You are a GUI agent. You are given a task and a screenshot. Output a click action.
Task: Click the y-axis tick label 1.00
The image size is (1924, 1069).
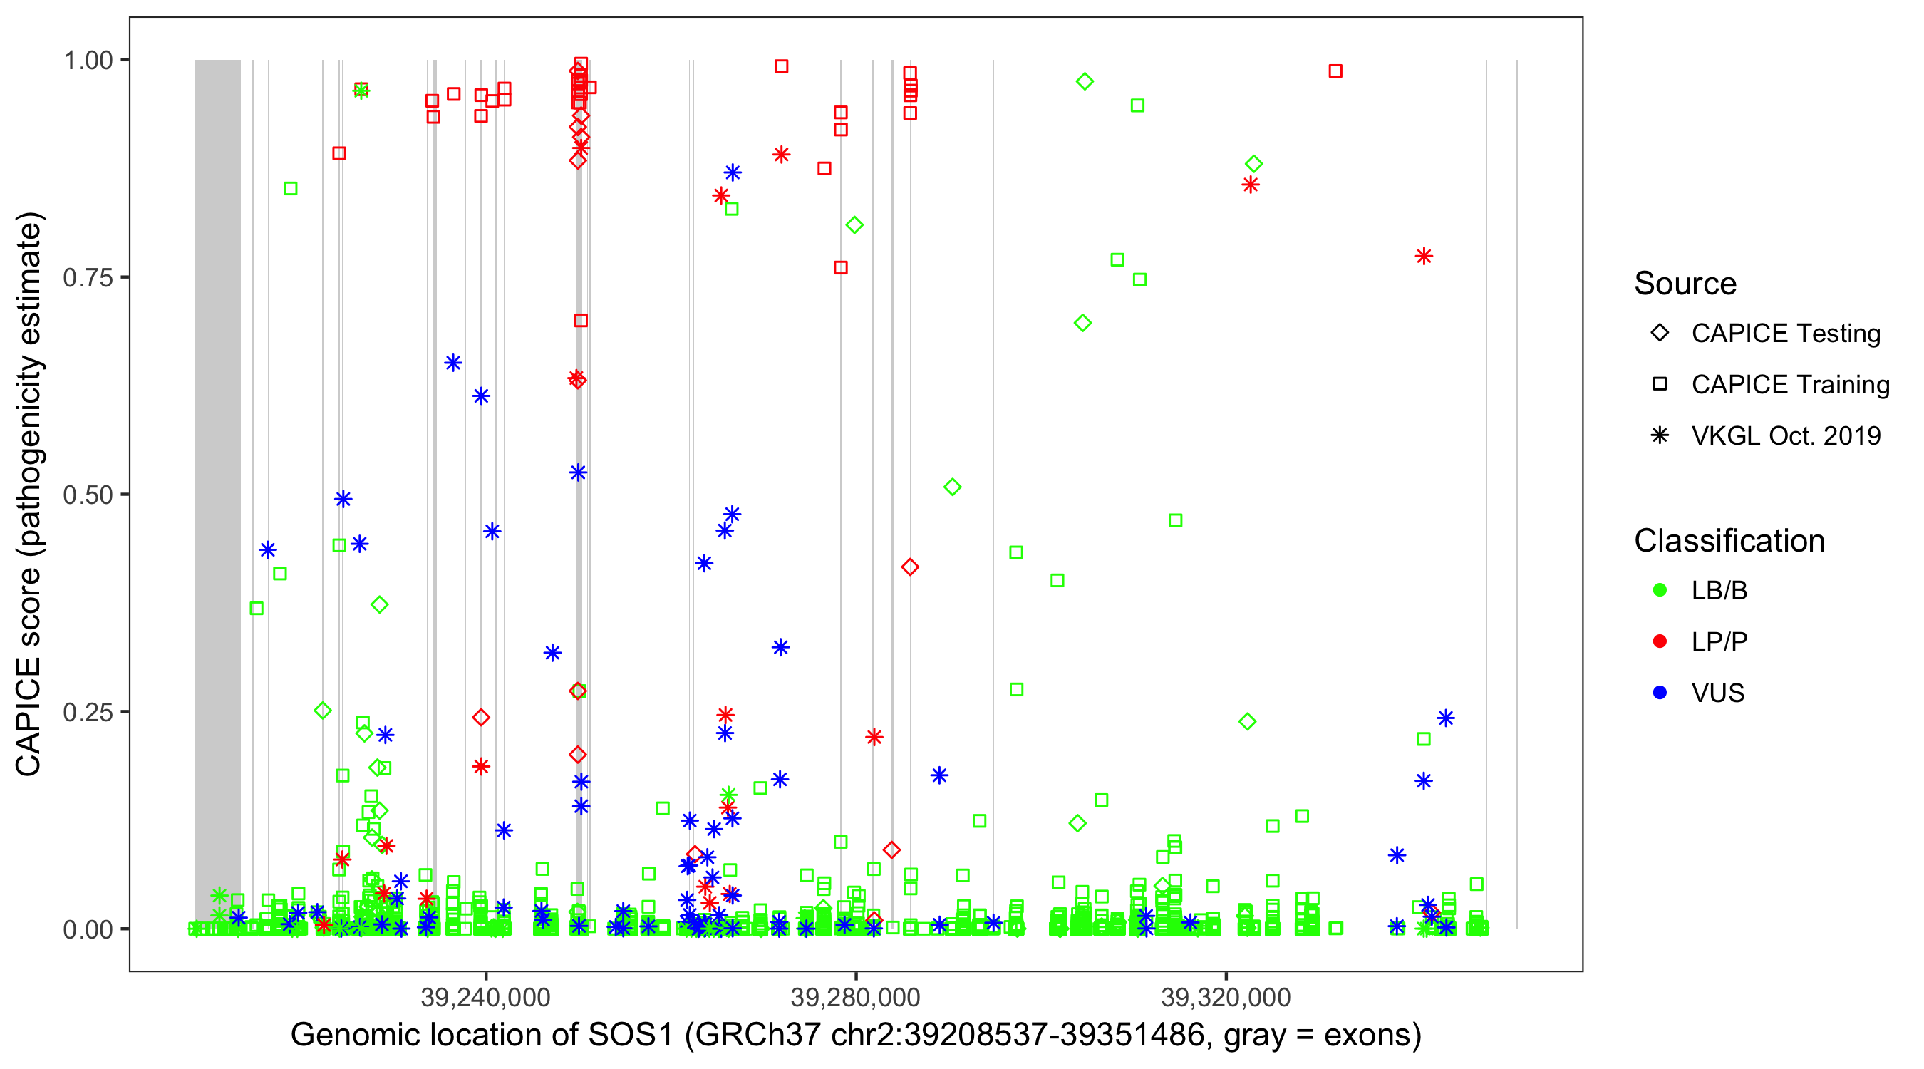coord(88,61)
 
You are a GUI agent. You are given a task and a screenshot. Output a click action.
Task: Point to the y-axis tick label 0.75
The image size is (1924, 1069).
coord(88,278)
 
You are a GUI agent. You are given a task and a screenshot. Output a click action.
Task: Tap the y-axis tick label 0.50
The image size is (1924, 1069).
coord(88,495)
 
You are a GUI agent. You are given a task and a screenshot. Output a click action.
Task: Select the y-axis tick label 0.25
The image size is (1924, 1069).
coord(88,712)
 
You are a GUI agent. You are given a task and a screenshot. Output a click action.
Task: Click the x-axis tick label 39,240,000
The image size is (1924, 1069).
coord(485,997)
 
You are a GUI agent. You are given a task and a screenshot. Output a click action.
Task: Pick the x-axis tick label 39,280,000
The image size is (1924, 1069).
coord(855,997)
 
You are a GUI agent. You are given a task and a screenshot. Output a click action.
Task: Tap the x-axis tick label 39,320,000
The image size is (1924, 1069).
coord(1226,997)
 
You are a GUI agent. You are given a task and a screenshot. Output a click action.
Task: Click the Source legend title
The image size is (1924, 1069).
coord(1685,284)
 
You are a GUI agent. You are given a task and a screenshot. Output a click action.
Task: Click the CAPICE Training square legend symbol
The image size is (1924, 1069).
coord(1660,385)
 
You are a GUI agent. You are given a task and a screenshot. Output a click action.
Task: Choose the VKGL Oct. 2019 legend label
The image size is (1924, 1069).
coord(1786,435)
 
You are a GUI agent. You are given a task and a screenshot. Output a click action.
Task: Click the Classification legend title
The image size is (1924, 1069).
coord(1729,541)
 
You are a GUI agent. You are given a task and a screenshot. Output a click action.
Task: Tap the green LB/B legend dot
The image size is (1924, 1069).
coord(1660,591)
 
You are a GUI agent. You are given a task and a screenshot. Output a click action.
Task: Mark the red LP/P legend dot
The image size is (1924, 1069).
coord(1660,641)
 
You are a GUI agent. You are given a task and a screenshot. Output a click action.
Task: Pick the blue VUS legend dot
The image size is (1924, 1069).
coord(1660,693)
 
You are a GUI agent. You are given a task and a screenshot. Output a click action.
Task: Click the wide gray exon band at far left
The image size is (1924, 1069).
coord(217,448)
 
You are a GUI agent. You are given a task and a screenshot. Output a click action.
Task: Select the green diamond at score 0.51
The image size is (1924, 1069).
coord(952,487)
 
